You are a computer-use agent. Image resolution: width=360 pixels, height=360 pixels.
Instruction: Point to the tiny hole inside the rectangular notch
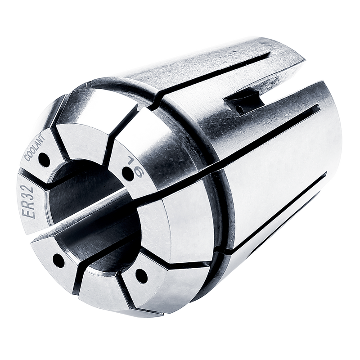click(240, 110)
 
